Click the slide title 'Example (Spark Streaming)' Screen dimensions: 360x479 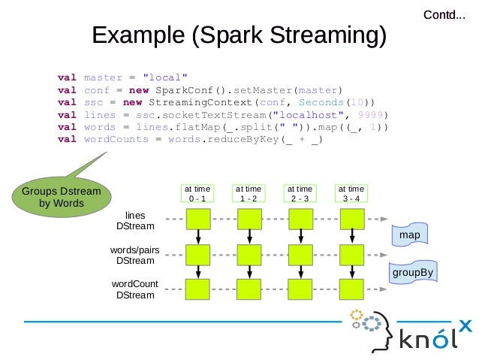click(x=239, y=35)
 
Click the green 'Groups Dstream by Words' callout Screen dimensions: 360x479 click(x=61, y=197)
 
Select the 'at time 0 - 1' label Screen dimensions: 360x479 click(x=198, y=193)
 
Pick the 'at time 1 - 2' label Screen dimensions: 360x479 click(x=249, y=193)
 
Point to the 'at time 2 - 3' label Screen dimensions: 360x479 click(x=300, y=193)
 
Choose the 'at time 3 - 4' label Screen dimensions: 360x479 click(x=351, y=193)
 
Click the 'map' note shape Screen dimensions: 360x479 click(x=409, y=235)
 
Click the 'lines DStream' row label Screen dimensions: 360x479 click(x=135, y=220)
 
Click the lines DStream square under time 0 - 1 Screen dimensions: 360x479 click(x=198, y=219)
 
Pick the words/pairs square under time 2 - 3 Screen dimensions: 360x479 click(x=300, y=254)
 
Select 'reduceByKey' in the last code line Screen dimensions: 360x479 click(x=238, y=139)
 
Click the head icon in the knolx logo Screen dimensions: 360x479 click(x=369, y=328)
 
